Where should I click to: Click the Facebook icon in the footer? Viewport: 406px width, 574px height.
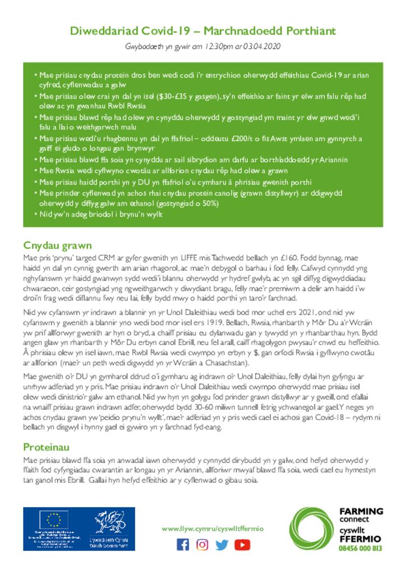click(183, 544)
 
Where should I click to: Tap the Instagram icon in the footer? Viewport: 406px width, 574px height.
click(202, 544)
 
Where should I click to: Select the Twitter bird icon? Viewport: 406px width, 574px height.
click(222, 544)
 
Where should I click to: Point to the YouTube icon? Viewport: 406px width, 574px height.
click(242, 544)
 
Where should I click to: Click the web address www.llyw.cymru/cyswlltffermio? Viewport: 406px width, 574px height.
click(212, 529)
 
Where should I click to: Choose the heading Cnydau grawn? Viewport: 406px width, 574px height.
click(57, 246)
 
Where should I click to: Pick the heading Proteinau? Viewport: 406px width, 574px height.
click(46, 447)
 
